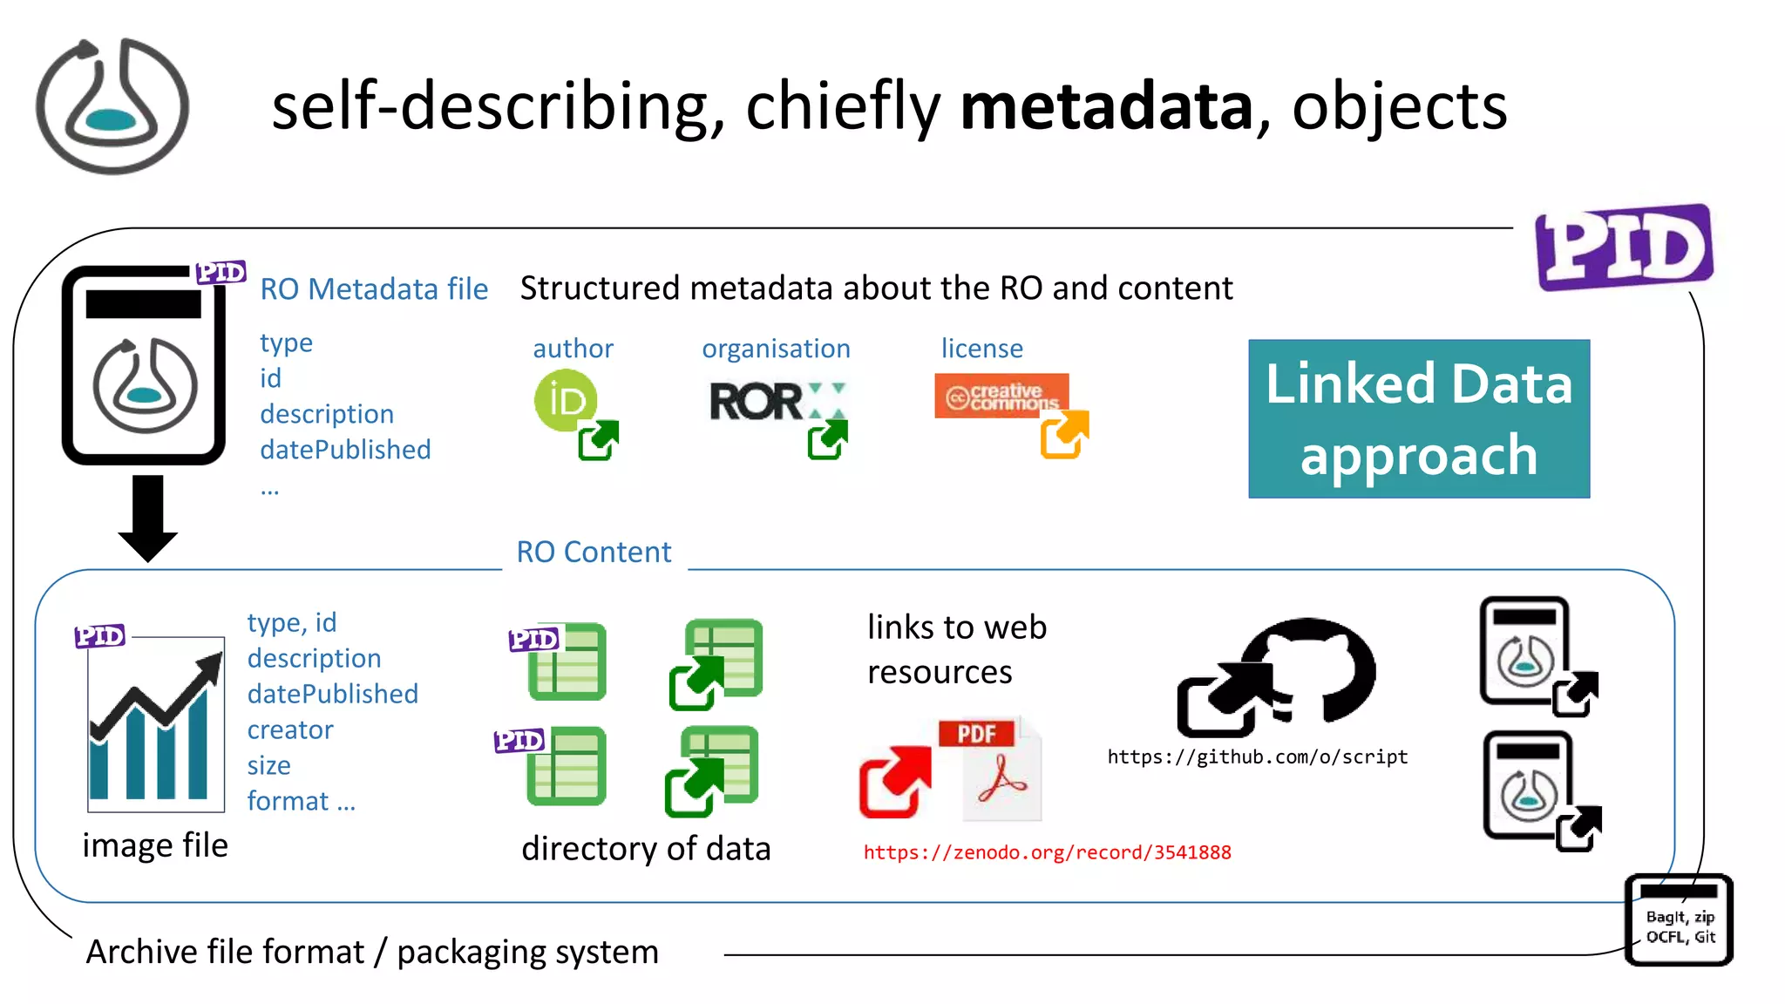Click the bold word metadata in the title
tap(1105, 106)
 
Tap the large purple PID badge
tap(1624, 248)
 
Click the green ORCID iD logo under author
tap(565, 400)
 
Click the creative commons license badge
tap(1001, 396)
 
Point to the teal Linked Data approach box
tap(1418, 419)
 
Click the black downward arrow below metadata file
tap(147, 517)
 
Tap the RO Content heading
tap(594, 552)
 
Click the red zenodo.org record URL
tap(1047, 852)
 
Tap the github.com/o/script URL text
tap(1257, 756)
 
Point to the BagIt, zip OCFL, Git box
tap(1679, 921)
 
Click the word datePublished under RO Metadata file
tap(345, 450)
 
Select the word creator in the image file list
tap(290, 729)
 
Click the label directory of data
tap(646, 848)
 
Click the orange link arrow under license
tap(1063, 434)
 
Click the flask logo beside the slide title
tap(112, 106)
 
